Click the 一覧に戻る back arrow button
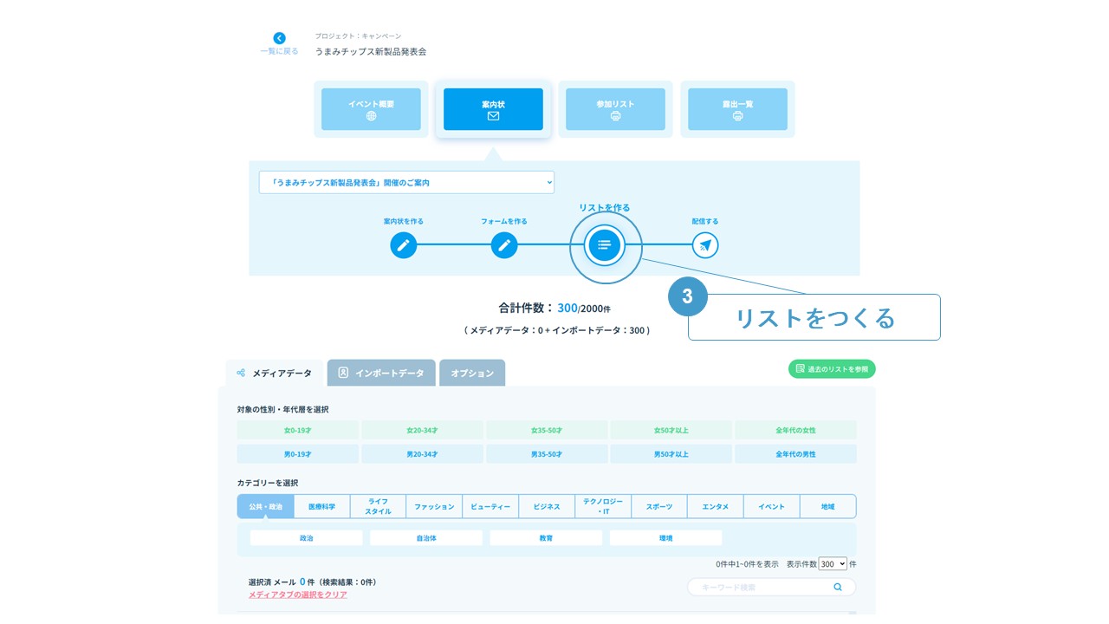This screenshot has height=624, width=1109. [x=279, y=38]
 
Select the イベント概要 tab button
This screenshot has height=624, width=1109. [x=371, y=109]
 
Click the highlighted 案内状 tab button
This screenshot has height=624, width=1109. [x=493, y=109]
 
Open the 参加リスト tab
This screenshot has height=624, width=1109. [x=615, y=109]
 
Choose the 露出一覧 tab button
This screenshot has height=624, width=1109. [x=737, y=109]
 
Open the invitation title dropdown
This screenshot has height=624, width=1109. [x=406, y=183]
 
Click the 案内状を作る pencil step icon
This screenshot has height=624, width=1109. [x=403, y=245]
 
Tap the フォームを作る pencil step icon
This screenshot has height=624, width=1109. [x=504, y=245]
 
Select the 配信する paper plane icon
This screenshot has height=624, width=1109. [x=705, y=245]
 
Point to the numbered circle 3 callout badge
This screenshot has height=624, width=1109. [x=688, y=296]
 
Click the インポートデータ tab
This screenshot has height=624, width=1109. [x=381, y=374]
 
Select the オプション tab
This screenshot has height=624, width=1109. [x=472, y=374]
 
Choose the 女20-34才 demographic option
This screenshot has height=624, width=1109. [x=422, y=430]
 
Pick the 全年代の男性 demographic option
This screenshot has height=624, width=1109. [x=795, y=454]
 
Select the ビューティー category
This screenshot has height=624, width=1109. [x=490, y=507]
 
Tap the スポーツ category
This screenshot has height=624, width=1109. [x=658, y=507]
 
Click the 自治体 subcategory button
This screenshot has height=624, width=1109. [x=426, y=538]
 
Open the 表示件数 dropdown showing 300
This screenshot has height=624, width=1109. [x=833, y=563]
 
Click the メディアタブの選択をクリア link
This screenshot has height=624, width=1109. [x=297, y=595]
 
